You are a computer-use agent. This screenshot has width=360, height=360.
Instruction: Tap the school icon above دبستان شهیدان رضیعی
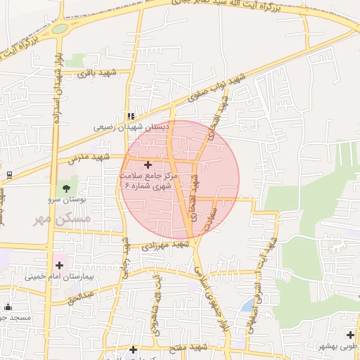click(130, 117)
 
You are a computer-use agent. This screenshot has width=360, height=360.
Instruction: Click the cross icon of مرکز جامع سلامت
click(148, 164)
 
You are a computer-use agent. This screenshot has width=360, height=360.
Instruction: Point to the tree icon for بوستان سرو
click(66, 188)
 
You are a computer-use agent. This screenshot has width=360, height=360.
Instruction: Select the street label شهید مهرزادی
click(166, 245)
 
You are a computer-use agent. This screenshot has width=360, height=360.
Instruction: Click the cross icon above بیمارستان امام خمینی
click(59, 265)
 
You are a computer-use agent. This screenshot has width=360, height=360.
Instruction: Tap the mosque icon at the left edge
click(8, 307)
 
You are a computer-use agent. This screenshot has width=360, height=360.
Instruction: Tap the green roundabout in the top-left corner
click(60, 29)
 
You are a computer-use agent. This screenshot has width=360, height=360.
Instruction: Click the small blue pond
click(247, 305)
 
